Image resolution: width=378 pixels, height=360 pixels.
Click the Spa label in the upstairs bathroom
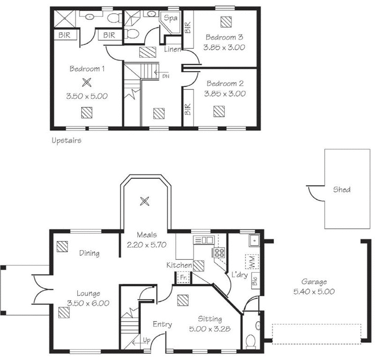click(170, 18)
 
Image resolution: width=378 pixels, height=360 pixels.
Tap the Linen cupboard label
click(172, 49)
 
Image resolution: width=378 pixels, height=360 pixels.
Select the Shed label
click(342, 189)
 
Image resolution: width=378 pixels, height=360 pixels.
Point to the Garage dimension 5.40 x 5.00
click(314, 292)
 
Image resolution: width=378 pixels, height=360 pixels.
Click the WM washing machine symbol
click(252, 262)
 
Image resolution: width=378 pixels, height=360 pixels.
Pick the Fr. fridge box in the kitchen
click(184, 277)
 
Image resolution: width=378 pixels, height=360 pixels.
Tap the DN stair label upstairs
click(166, 76)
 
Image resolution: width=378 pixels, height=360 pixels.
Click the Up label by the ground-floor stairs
click(147, 340)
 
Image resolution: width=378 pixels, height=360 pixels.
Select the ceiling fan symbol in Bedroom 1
click(87, 82)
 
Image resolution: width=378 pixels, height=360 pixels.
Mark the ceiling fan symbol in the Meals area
click(144, 201)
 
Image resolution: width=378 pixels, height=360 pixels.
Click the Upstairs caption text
click(67, 141)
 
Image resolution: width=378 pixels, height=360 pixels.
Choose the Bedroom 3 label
click(224, 37)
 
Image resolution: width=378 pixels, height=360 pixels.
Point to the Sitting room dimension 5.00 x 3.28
click(210, 329)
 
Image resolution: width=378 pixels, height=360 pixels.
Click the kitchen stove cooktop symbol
click(219, 252)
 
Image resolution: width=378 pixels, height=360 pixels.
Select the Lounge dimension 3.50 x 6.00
click(88, 303)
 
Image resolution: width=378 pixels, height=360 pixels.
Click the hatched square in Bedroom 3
click(226, 22)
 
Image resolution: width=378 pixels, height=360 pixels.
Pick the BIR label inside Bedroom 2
click(188, 109)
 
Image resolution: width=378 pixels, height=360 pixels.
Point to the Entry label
click(162, 324)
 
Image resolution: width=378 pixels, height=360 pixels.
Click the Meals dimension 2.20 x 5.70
click(147, 245)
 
